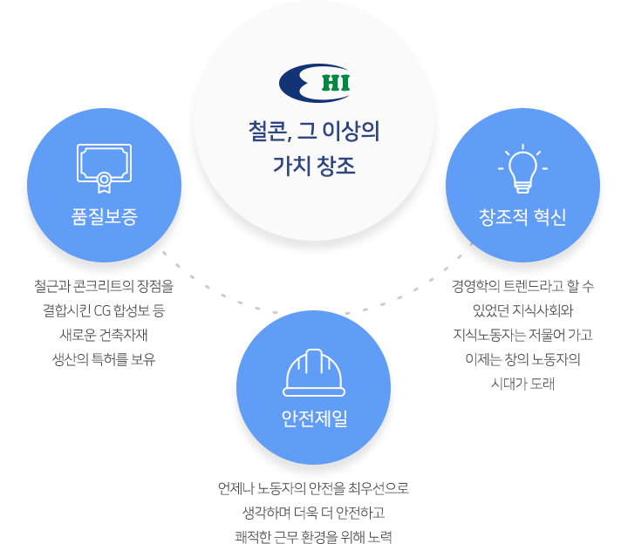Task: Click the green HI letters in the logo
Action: click(x=336, y=83)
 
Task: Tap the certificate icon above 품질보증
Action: click(x=104, y=168)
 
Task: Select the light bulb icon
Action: click(x=522, y=168)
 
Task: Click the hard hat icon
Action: click(x=314, y=372)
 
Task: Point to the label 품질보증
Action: click(x=104, y=216)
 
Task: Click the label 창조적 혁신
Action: click(x=522, y=216)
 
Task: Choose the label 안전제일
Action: click(x=314, y=418)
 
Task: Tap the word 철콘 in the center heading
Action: click(x=268, y=132)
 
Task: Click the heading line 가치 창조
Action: click(x=314, y=166)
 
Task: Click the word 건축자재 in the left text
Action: click(x=124, y=335)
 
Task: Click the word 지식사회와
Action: click(x=543, y=310)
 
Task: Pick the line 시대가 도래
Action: click(x=522, y=384)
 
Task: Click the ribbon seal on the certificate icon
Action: click(x=104, y=183)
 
